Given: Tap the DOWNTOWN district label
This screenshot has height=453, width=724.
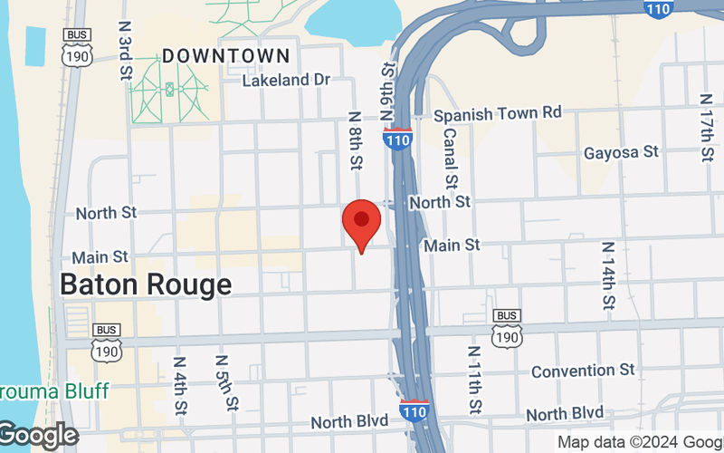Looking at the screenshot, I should [226, 56].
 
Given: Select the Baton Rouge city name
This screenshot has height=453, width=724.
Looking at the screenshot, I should [146, 284].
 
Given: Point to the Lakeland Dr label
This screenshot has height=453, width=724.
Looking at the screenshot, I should [286, 81].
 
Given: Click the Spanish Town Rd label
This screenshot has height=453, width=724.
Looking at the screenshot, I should [498, 114].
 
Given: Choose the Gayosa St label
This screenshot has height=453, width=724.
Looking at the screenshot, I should [621, 152].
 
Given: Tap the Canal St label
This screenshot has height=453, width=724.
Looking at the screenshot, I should [450, 155].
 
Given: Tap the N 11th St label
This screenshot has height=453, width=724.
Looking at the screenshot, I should [474, 379].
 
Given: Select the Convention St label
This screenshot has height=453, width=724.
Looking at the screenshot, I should [584, 371].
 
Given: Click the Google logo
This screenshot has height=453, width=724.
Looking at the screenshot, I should [38, 436].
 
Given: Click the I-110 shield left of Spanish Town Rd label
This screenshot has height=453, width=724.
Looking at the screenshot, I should [398, 140].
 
